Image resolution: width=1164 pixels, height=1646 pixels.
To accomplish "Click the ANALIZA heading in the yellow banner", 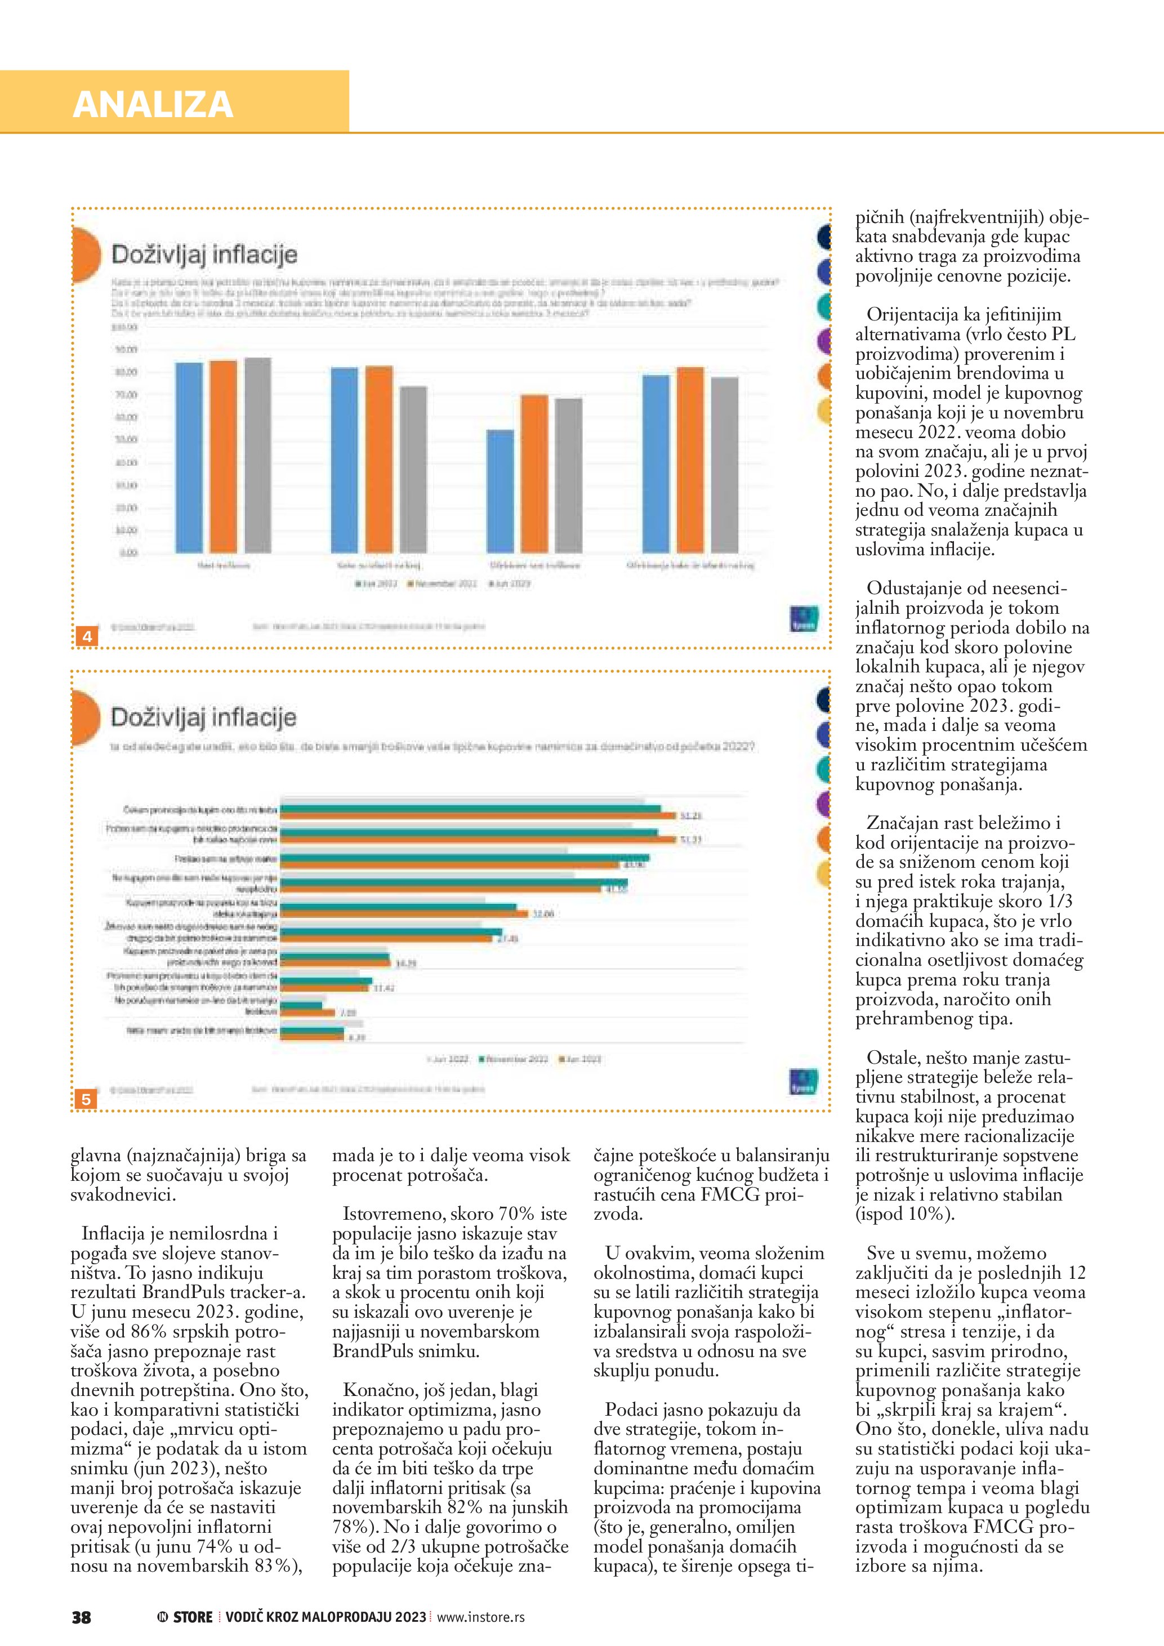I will pyautogui.click(x=153, y=105).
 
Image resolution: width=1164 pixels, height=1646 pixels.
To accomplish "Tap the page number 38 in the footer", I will pyautogui.click(x=81, y=1617).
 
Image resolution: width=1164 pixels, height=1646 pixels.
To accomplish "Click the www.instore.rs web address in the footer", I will pyautogui.click(x=480, y=1617).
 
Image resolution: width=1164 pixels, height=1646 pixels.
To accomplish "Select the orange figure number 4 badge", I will pyautogui.click(x=87, y=636).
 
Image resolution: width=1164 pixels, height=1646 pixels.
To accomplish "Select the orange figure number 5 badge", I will pyautogui.click(x=87, y=1099).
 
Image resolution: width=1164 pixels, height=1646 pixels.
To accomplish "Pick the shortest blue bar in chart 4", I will pyautogui.click(x=500, y=491).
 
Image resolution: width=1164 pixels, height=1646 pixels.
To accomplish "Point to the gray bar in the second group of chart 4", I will pyautogui.click(x=413, y=470).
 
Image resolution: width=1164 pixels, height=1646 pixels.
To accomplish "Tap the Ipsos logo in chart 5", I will pyautogui.click(x=803, y=1081).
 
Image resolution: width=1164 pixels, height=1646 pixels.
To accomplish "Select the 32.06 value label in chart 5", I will pyautogui.click(x=542, y=914).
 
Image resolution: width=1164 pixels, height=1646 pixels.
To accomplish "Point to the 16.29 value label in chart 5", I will pyautogui.click(x=405, y=963).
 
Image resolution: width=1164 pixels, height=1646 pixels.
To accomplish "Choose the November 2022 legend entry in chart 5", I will pyautogui.click(x=515, y=1059).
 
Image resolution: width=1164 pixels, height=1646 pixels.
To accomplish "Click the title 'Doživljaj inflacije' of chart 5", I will pyautogui.click(x=203, y=717).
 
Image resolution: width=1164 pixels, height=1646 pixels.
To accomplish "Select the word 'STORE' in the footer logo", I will pyautogui.click(x=193, y=1617).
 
